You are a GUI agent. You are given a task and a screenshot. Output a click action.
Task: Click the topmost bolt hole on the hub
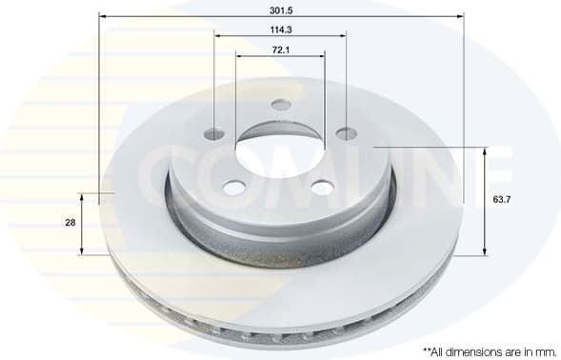tap(280, 105)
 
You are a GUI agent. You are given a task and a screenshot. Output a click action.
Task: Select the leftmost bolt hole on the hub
tap(214, 133)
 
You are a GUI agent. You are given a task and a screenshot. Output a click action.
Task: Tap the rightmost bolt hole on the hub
tap(347, 133)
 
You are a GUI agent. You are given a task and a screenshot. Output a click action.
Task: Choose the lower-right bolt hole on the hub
tap(322, 188)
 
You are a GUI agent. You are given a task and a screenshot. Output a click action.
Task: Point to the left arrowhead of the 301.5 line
tap(103, 15)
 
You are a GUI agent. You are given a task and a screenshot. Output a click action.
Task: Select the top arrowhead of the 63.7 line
tap(485, 150)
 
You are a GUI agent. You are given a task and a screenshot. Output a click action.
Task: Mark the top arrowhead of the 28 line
tap(82, 197)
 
